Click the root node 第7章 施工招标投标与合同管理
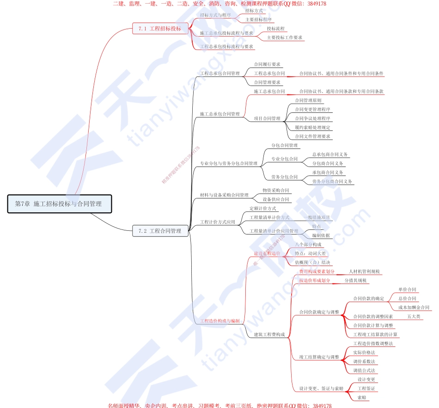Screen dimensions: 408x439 click(x=60, y=204)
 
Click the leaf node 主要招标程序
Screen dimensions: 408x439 click(x=258, y=19)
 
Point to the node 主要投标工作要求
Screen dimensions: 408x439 click(x=284, y=37)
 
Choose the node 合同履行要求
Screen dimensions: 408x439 click(x=267, y=64)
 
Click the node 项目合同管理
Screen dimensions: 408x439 click(x=267, y=118)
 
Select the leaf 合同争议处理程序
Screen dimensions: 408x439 click(x=312, y=118)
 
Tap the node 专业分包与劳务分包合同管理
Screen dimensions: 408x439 click(x=228, y=163)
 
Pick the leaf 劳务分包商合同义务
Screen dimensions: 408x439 click(x=332, y=181)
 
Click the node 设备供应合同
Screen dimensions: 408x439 click(x=275, y=199)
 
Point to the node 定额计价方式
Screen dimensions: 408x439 click(x=262, y=209)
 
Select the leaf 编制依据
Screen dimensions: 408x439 click(x=321, y=235)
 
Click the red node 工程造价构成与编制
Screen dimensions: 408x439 click(x=219, y=321)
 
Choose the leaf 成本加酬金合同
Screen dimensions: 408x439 click(x=414, y=307)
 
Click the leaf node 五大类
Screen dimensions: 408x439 click(x=414, y=316)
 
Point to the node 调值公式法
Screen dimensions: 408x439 click(x=364, y=370)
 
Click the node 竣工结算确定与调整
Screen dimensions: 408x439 click(x=319, y=357)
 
